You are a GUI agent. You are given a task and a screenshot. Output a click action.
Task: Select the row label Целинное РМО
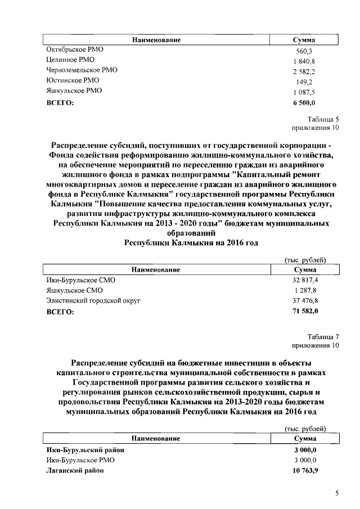pos(70,60)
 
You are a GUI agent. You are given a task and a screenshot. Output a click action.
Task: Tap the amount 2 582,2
pos(304,71)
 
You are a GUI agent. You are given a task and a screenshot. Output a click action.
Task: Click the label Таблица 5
pos(323,119)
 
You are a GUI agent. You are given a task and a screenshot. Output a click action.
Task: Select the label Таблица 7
pos(323,336)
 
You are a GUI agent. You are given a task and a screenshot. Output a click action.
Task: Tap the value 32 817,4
pos(305,280)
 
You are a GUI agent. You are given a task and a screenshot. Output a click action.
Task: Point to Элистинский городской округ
pos(93,301)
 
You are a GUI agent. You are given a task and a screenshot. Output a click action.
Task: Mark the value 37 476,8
pos(305,301)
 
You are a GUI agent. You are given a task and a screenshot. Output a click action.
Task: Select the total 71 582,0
pos(305,312)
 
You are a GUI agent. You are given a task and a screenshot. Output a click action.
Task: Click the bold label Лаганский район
pos(75,470)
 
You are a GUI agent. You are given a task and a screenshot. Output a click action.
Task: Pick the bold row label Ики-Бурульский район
pos(85,449)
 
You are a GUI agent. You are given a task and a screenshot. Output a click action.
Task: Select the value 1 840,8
pos(304,61)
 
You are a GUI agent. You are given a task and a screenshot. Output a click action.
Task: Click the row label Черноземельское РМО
pos(82,70)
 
